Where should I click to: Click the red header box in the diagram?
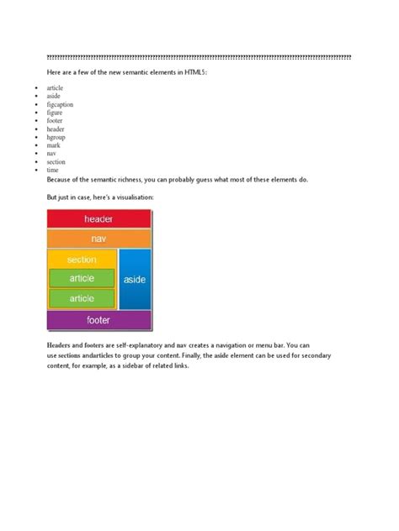pyautogui.click(x=99, y=219)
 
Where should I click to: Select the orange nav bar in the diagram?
pyautogui.click(x=99, y=239)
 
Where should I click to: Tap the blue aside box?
pyautogui.click(x=135, y=279)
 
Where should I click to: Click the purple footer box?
pyautogui.click(x=99, y=320)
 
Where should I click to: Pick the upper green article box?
pyautogui.click(x=82, y=278)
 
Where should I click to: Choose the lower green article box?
pyautogui.click(x=82, y=298)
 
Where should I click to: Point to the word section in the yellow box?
pyautogui.click(x=82, y=260)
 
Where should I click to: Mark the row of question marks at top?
pyautogui.click(x=199, y=56)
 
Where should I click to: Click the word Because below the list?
pyautogui.click(x=62, y=180)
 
